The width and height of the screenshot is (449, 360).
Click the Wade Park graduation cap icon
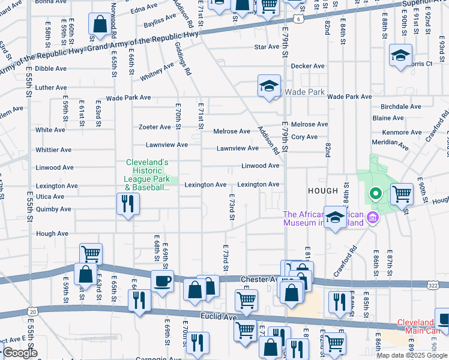270,86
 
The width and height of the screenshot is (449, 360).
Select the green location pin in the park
375,194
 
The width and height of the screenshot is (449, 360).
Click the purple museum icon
373,217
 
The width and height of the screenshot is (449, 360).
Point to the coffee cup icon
161,281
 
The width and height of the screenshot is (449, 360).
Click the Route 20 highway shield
32,311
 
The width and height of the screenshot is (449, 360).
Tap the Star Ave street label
267,47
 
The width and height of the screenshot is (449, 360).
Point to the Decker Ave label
307,66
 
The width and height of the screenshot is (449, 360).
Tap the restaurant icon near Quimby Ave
128,203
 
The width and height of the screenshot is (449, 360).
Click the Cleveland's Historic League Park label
146,175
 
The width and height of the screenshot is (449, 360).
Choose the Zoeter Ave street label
154,127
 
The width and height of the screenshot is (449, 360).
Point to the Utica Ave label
50,197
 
